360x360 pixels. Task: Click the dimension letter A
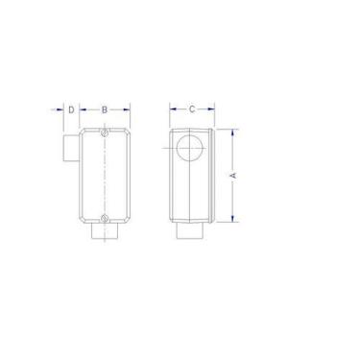231,176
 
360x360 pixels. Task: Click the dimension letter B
105,110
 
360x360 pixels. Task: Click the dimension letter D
72,110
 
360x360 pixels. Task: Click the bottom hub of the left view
105,231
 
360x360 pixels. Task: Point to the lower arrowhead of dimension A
231,220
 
